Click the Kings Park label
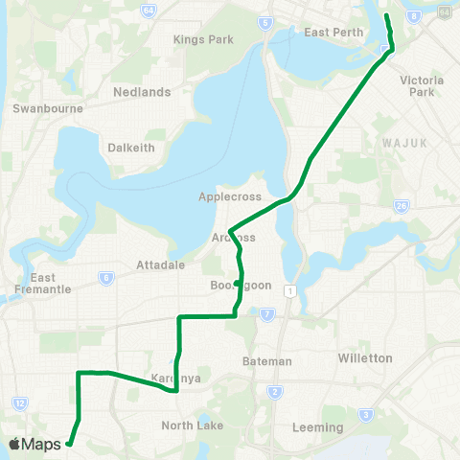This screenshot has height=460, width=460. coord(196,39)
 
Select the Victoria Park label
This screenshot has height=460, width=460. coord(422,87)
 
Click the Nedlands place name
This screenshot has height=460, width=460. coord(142,92)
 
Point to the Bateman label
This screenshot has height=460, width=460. coord(267,360)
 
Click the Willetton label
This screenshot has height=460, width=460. coord(365,357)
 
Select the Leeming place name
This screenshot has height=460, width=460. coord(319,426)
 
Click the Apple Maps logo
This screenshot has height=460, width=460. coord(36,444)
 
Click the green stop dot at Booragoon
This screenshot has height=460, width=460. coord(236,283)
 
